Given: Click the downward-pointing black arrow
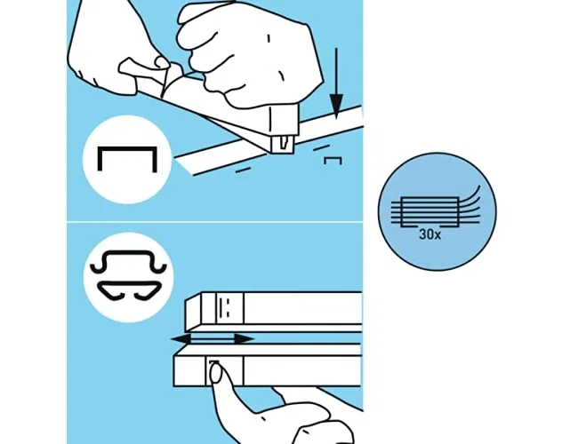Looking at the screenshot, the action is click(x=336, y=84).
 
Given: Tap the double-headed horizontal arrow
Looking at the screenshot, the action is click(x=213, y=339).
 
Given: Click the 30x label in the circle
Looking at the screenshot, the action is click(x=429, y=234).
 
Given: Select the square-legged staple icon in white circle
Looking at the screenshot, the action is click(x=127, y=159).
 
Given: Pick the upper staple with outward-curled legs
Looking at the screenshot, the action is click(x=128, y=262).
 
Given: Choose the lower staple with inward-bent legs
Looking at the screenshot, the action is click(x=129, y=290).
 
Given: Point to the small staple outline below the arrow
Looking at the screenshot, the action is click(x=333, y=161).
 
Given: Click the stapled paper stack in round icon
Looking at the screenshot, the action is click(x=429, y=211).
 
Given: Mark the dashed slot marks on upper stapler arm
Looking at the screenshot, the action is click(x=224, y=308).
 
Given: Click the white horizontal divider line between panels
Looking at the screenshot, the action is click(x=214, y=222).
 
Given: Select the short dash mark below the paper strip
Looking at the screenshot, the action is click(x=243, y=170).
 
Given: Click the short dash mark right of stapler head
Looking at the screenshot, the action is click(x=321, y=147).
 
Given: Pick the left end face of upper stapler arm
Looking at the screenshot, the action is click(x=194, y=312).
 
